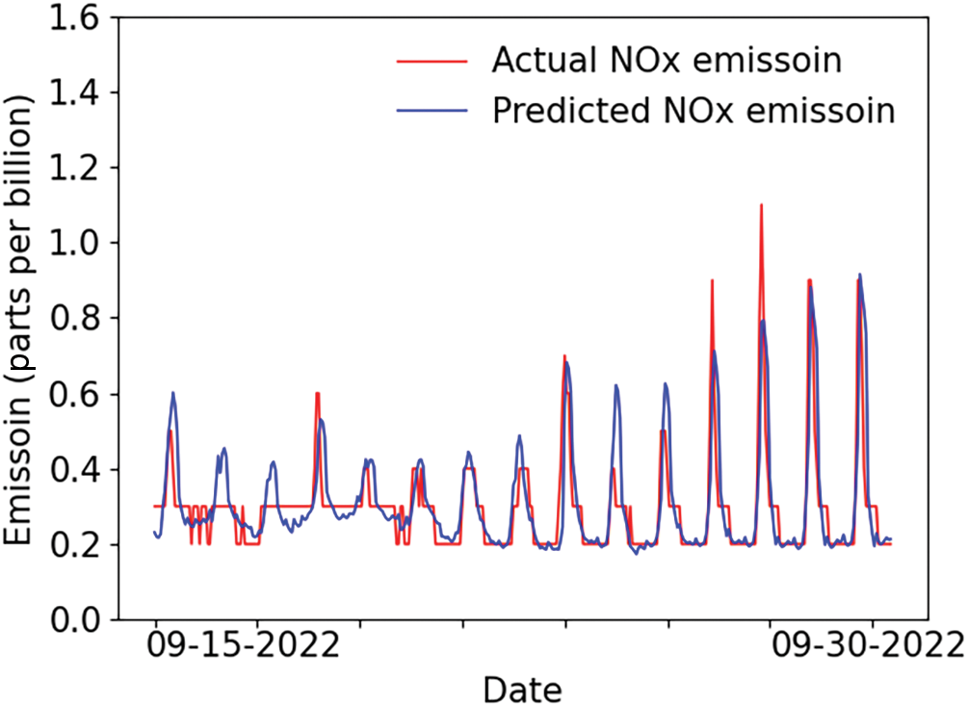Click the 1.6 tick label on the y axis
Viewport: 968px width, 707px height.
coord(75,18)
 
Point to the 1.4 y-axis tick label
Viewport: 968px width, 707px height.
coord(75,93)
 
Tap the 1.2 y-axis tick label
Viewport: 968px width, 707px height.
coord(75,169)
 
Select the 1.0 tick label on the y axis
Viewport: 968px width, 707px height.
coord(75,244)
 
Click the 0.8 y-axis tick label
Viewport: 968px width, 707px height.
coord(75,319)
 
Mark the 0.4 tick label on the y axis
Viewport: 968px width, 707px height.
coord(75,470)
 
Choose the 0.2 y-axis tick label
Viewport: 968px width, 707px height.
coord(75,545)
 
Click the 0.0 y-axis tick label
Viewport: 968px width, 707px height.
coord(75,620)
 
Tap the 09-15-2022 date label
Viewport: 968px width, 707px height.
coord(244,646)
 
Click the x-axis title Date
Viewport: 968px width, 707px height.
coord(522,690)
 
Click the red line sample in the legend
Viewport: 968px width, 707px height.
coord(432,61)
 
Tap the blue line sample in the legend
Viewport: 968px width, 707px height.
coord(432,111)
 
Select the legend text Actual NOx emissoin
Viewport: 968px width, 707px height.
coord(667,61)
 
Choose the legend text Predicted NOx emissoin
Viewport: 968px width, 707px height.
coord(693,111)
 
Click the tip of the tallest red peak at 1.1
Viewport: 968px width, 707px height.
coord(761,204)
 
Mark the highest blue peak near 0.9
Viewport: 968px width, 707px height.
coord(859,275)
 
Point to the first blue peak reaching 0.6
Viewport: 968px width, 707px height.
coord(172,392)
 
